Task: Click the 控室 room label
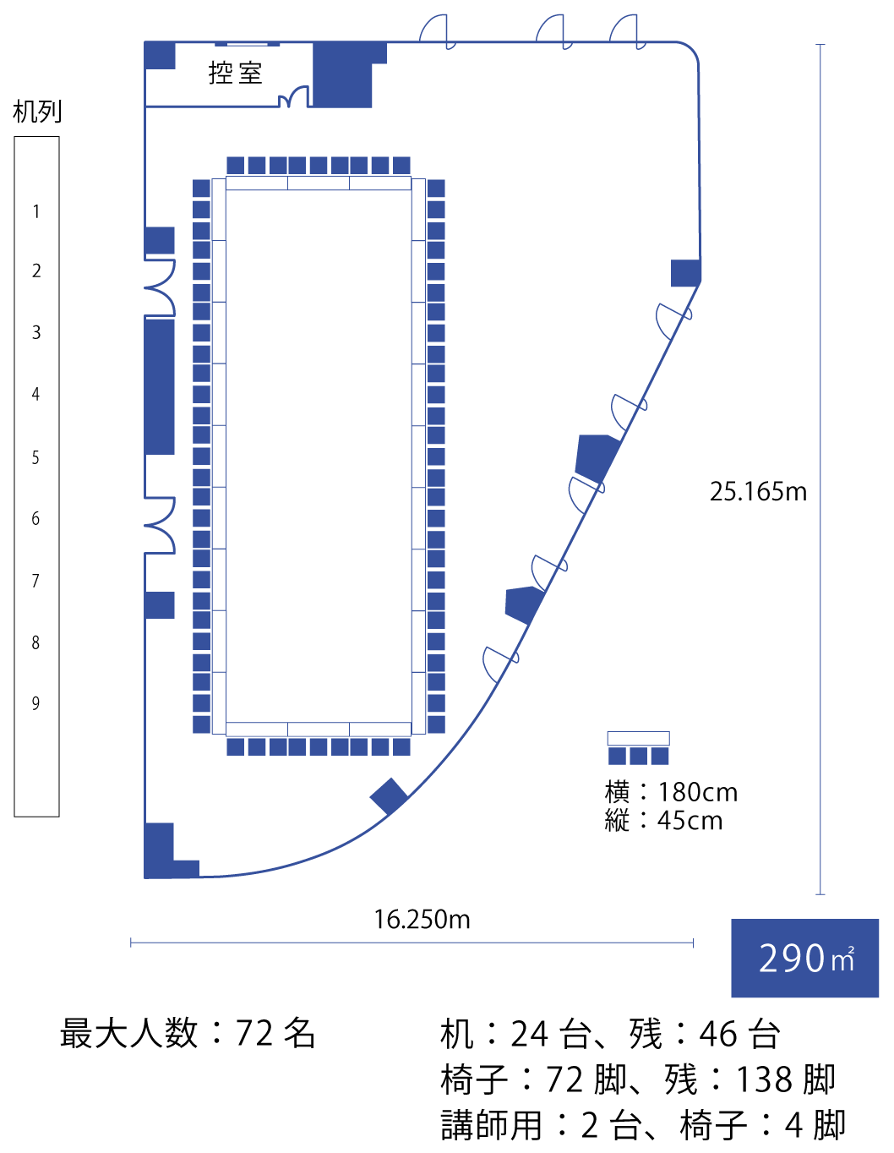tap(235, 74)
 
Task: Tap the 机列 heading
tap(37, 112)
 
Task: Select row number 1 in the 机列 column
tap(36, 211)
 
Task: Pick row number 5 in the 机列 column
tap(35, 457)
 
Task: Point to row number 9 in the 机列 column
tap(35, 703)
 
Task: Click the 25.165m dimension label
tap(758, 492)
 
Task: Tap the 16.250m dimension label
tap(422, 920)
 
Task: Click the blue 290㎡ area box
tap(804, 958)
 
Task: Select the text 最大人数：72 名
tap(188, 1033)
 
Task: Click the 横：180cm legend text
tap(671, 792)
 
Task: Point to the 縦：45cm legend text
tap(663, 821)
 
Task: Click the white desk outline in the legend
tap(638, 738)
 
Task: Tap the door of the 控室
tap(293, 96)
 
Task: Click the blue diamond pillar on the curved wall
tap(389, 796)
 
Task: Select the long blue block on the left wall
tap(160, 386)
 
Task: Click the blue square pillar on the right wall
tap(685, 273)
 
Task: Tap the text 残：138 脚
tap(750, 1079)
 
